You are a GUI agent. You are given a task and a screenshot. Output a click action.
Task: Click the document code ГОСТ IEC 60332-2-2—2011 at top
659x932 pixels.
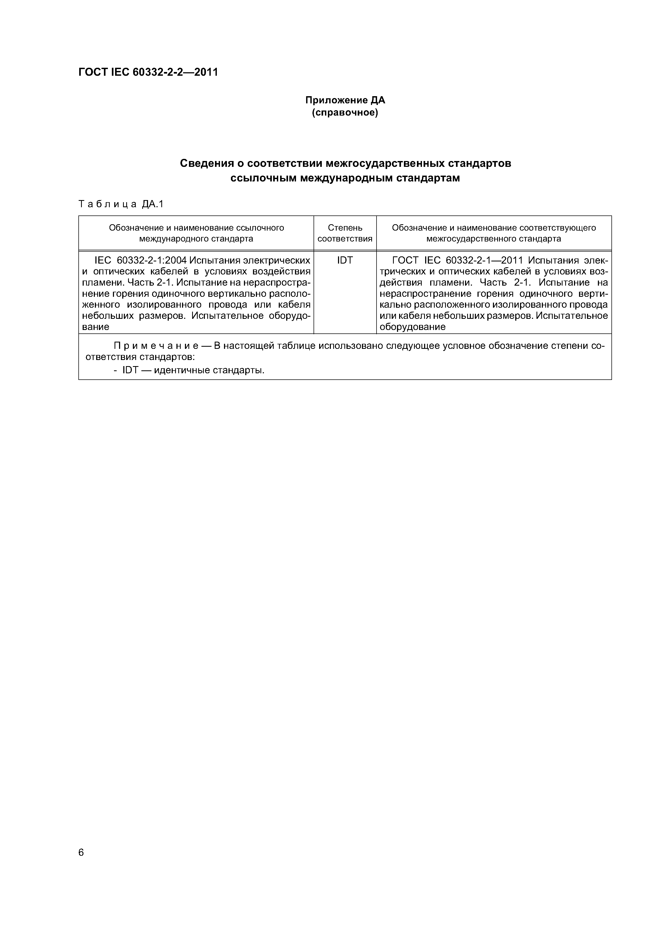148,72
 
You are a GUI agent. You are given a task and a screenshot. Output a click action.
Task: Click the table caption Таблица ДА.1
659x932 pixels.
121,204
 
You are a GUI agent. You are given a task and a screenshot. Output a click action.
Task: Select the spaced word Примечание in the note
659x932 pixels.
156,346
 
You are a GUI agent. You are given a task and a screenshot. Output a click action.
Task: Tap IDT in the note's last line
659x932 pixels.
131,370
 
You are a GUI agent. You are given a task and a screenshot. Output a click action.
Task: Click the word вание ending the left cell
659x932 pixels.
96,327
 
